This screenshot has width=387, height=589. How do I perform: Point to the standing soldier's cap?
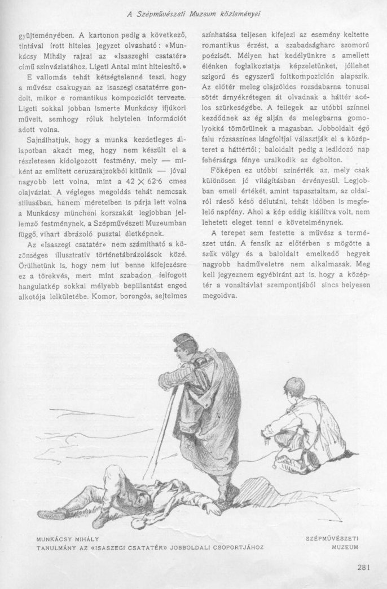pyautogui.click(x=183, y=342)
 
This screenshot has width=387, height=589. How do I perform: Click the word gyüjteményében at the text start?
pyautogui.click(x=41, y=34)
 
